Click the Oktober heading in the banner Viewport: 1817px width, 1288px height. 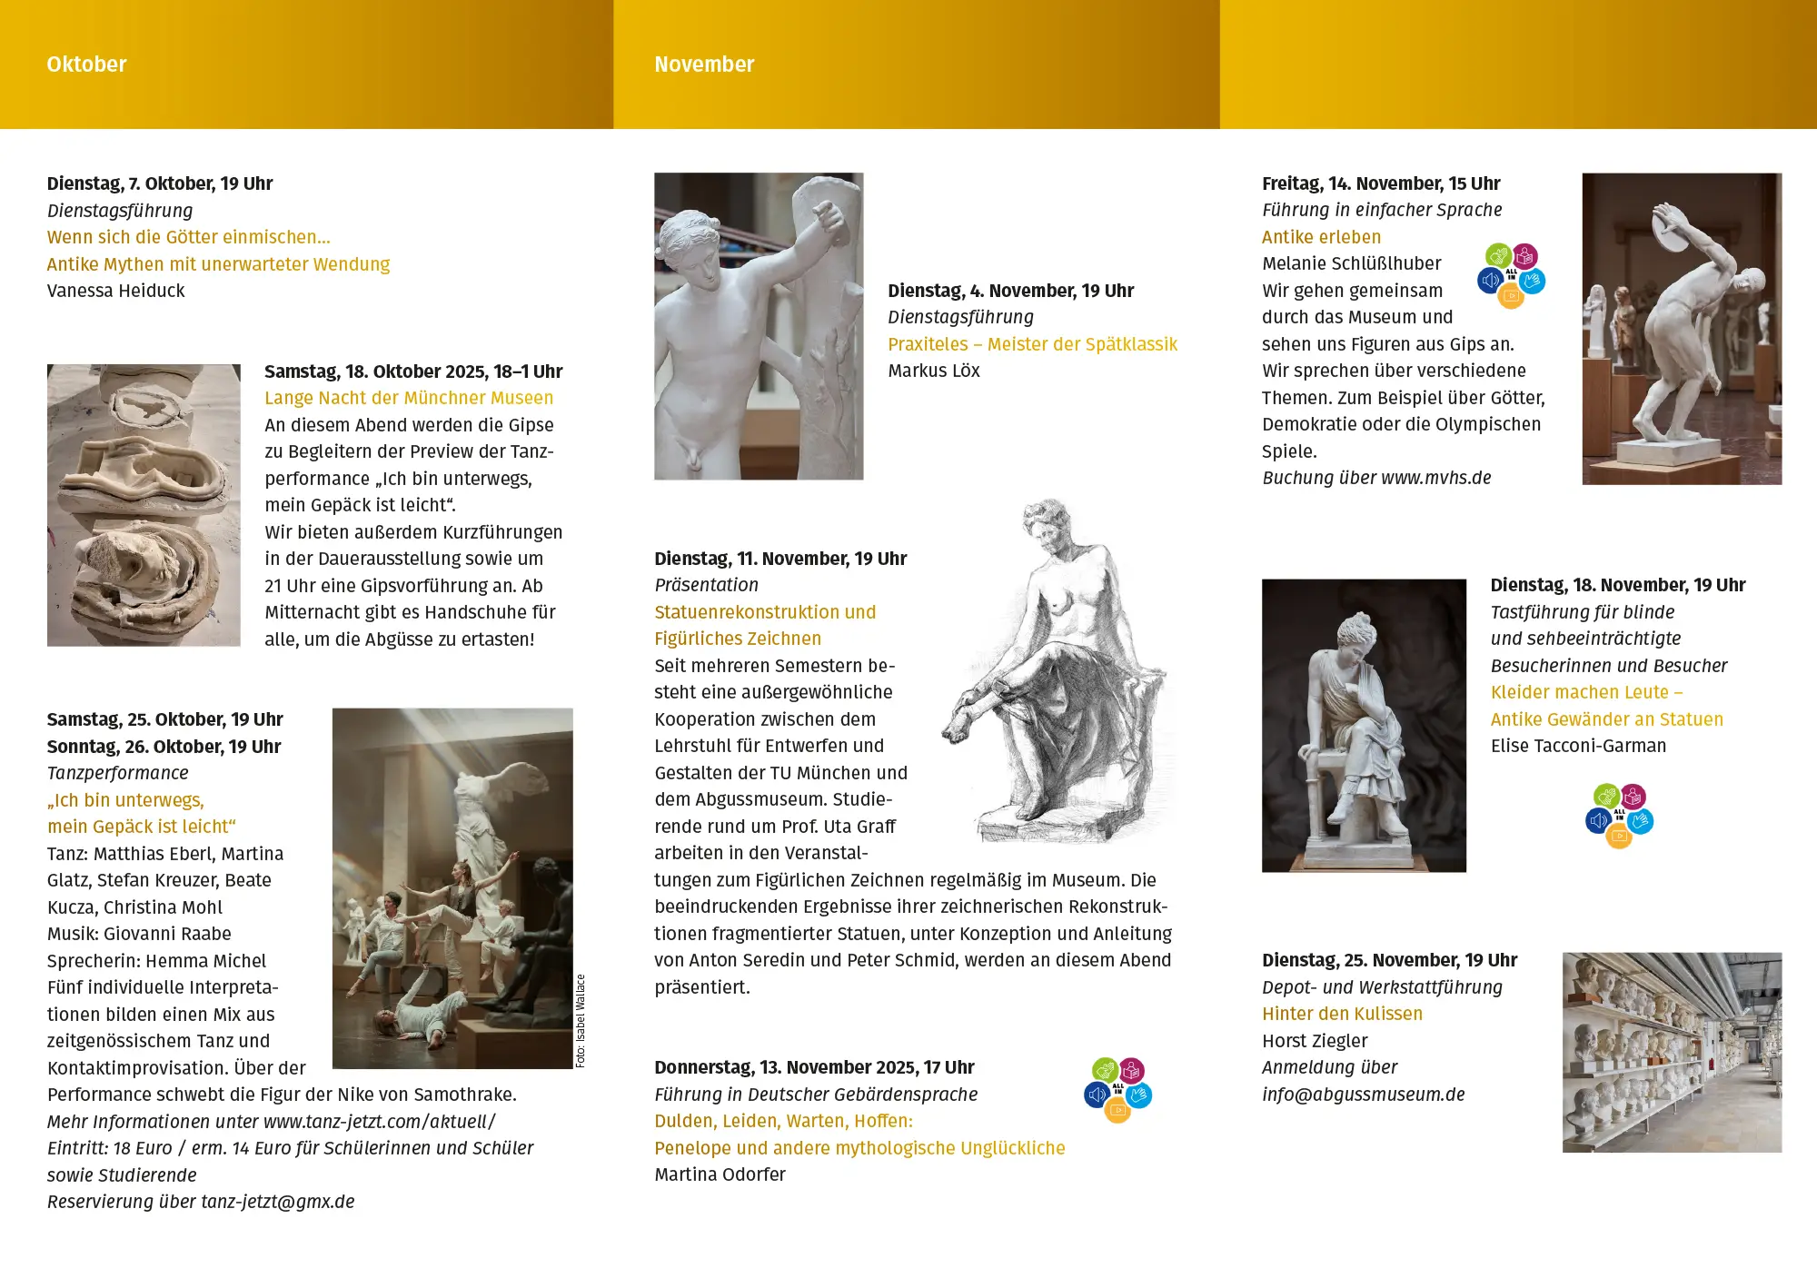[x=86, y=64]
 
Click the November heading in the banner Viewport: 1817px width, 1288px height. [x=704, y=64]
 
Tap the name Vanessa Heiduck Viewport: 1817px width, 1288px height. [x=115, y=291]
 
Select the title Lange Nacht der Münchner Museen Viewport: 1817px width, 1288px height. [x=409, y=398]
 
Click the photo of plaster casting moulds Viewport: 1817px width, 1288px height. [x=144, y=505]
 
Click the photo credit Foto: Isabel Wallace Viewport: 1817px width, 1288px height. [x=581, y=1021]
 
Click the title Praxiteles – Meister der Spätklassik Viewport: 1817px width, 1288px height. [x=1032, y=344]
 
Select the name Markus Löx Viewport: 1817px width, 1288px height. [x=934, y=371]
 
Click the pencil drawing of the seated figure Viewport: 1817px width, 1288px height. [x=1058, y=672]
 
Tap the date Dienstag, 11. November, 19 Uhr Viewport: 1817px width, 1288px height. [x=780, y=559]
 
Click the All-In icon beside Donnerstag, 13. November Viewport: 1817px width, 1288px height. [x=1117, y=1090]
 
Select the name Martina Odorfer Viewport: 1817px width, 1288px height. [x=720, y=1174]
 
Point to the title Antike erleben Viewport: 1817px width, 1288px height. [x=1321, y=237]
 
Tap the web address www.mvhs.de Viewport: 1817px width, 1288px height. [x=1435, y=478]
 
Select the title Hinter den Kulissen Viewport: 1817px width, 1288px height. [x=1342, y=1014]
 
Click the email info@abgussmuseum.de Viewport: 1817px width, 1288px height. [x=1363, y=1095]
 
